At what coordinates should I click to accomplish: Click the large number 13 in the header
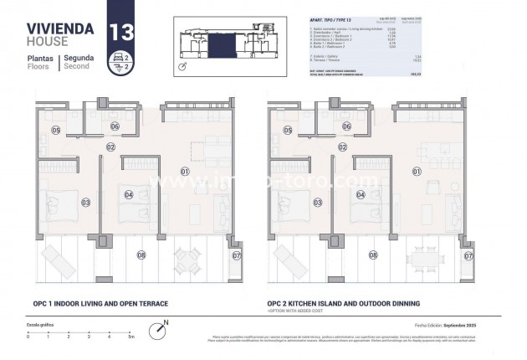(x=120, y=32)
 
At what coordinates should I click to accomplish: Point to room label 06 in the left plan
(x=115, y=127)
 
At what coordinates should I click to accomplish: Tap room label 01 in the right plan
(x=416, y=172)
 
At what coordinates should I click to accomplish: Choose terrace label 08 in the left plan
(x=141, y=255)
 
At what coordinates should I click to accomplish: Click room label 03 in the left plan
(x=85, y=202)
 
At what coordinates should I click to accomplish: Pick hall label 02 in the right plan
(x=341, y=147)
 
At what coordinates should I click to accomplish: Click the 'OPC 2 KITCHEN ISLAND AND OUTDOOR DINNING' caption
(x=343, y=303)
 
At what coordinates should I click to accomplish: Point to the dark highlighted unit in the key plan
(x=220, y=39)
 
